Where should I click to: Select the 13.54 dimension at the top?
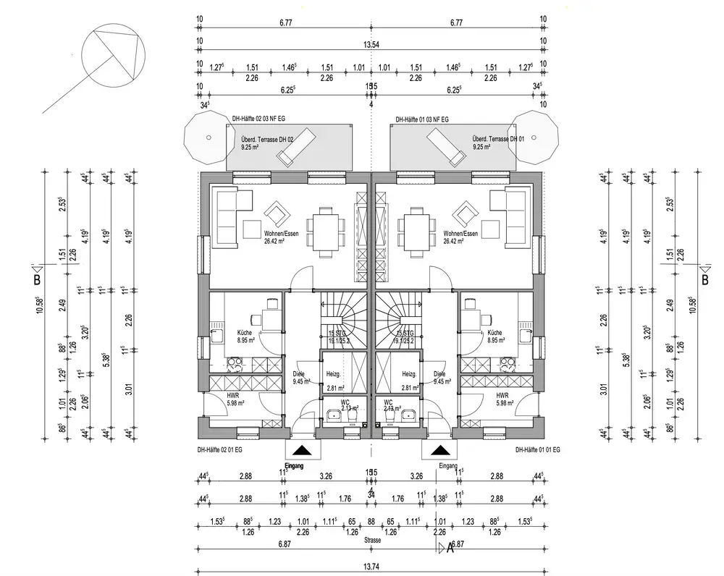371,45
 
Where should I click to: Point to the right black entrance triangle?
437,452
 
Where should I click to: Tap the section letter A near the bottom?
450,549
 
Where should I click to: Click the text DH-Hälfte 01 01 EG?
538,449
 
